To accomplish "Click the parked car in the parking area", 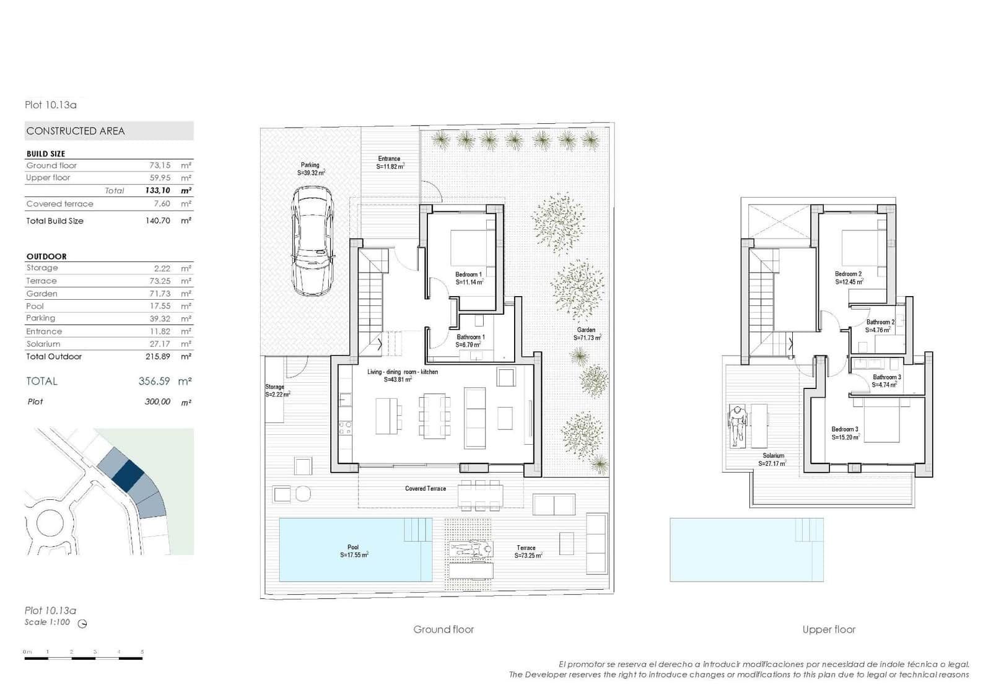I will (313, 242).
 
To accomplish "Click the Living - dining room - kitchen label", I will (402, 372).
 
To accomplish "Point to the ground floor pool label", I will (353, 548).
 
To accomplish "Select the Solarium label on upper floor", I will (773, 456).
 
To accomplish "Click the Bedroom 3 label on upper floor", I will (845, 429).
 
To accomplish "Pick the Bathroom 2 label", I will (880, 322).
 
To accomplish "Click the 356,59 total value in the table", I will (154, 382).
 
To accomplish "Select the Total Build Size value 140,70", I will (157, 221).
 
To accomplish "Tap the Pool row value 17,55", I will (160, 306).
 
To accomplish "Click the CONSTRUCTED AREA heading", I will (76, 131).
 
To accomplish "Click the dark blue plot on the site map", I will (129, 476).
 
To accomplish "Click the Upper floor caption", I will (828, 629).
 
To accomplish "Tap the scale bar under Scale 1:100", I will (84, 658).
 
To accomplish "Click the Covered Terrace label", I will (425, 489).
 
